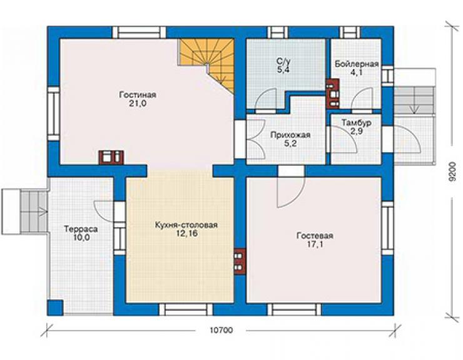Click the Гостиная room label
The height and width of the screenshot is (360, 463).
click(138, 95)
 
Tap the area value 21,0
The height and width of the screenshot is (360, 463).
click(138, 104)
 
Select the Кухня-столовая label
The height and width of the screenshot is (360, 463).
click(186, 225)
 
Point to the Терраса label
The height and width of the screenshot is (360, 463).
click(81, 229)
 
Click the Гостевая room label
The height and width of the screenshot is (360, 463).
click(315, 235)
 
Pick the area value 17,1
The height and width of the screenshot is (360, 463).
click(315, 244)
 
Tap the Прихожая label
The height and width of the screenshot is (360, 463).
click(290, 135)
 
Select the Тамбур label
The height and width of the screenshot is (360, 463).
click(357, 123)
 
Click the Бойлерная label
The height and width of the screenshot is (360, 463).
click(357, 64)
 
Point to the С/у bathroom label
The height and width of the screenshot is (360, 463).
click(283, 61)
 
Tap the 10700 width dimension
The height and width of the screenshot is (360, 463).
click(221, 330)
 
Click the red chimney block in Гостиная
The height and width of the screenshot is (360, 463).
click(111, 157)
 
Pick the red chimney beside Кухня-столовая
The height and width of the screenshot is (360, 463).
click(240, 261)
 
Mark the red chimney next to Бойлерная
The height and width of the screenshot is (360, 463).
click(332, 94)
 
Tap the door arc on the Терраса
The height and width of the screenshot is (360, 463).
click(101, 210)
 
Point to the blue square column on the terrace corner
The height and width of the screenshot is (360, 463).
click(55, 307)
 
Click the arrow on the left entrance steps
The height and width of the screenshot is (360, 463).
click(43, 212)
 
